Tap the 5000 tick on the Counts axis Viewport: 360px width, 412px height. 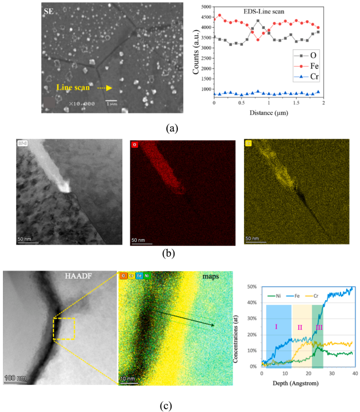(205, 7)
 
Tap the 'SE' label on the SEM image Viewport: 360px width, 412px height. (50, 11)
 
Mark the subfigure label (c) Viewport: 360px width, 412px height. (166, 406)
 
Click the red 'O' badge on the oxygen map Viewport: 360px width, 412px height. (134, 143)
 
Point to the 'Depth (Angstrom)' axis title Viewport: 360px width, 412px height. (306, 383)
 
